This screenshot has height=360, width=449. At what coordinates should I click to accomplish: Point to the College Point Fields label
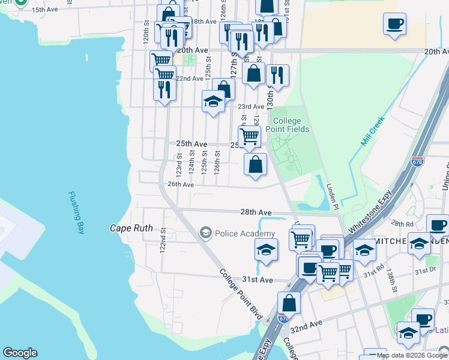coord(288,125)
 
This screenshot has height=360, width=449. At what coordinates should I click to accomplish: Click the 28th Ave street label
coord(257,212)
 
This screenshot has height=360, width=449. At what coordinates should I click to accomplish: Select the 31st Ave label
coord(258,280)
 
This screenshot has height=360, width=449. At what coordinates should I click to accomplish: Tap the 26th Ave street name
coord(181,185)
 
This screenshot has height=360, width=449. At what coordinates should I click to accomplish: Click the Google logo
coord(20,353)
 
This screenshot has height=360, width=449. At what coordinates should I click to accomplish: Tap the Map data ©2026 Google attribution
coord(412,355)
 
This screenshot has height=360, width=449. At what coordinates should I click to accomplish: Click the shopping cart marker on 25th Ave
coord(249,136)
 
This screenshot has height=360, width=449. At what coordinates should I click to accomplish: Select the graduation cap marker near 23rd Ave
coord(213,101)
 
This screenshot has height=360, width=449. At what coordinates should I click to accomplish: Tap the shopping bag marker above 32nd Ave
coord(289,302)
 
